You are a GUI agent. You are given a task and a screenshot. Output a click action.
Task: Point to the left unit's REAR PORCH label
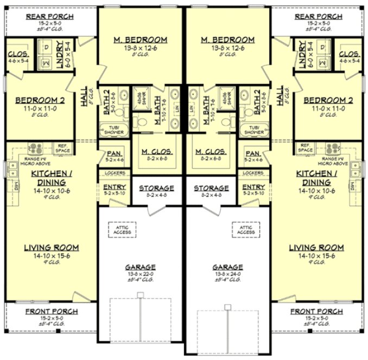coord(50,17)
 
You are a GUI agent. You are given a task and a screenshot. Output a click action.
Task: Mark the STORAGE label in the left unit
coord(156,188)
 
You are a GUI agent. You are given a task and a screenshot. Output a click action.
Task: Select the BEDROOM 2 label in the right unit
coord(324,100)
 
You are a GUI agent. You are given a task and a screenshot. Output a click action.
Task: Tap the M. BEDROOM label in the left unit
coord(141,40)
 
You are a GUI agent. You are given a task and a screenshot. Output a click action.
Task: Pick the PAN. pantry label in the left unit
coord(114,153)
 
